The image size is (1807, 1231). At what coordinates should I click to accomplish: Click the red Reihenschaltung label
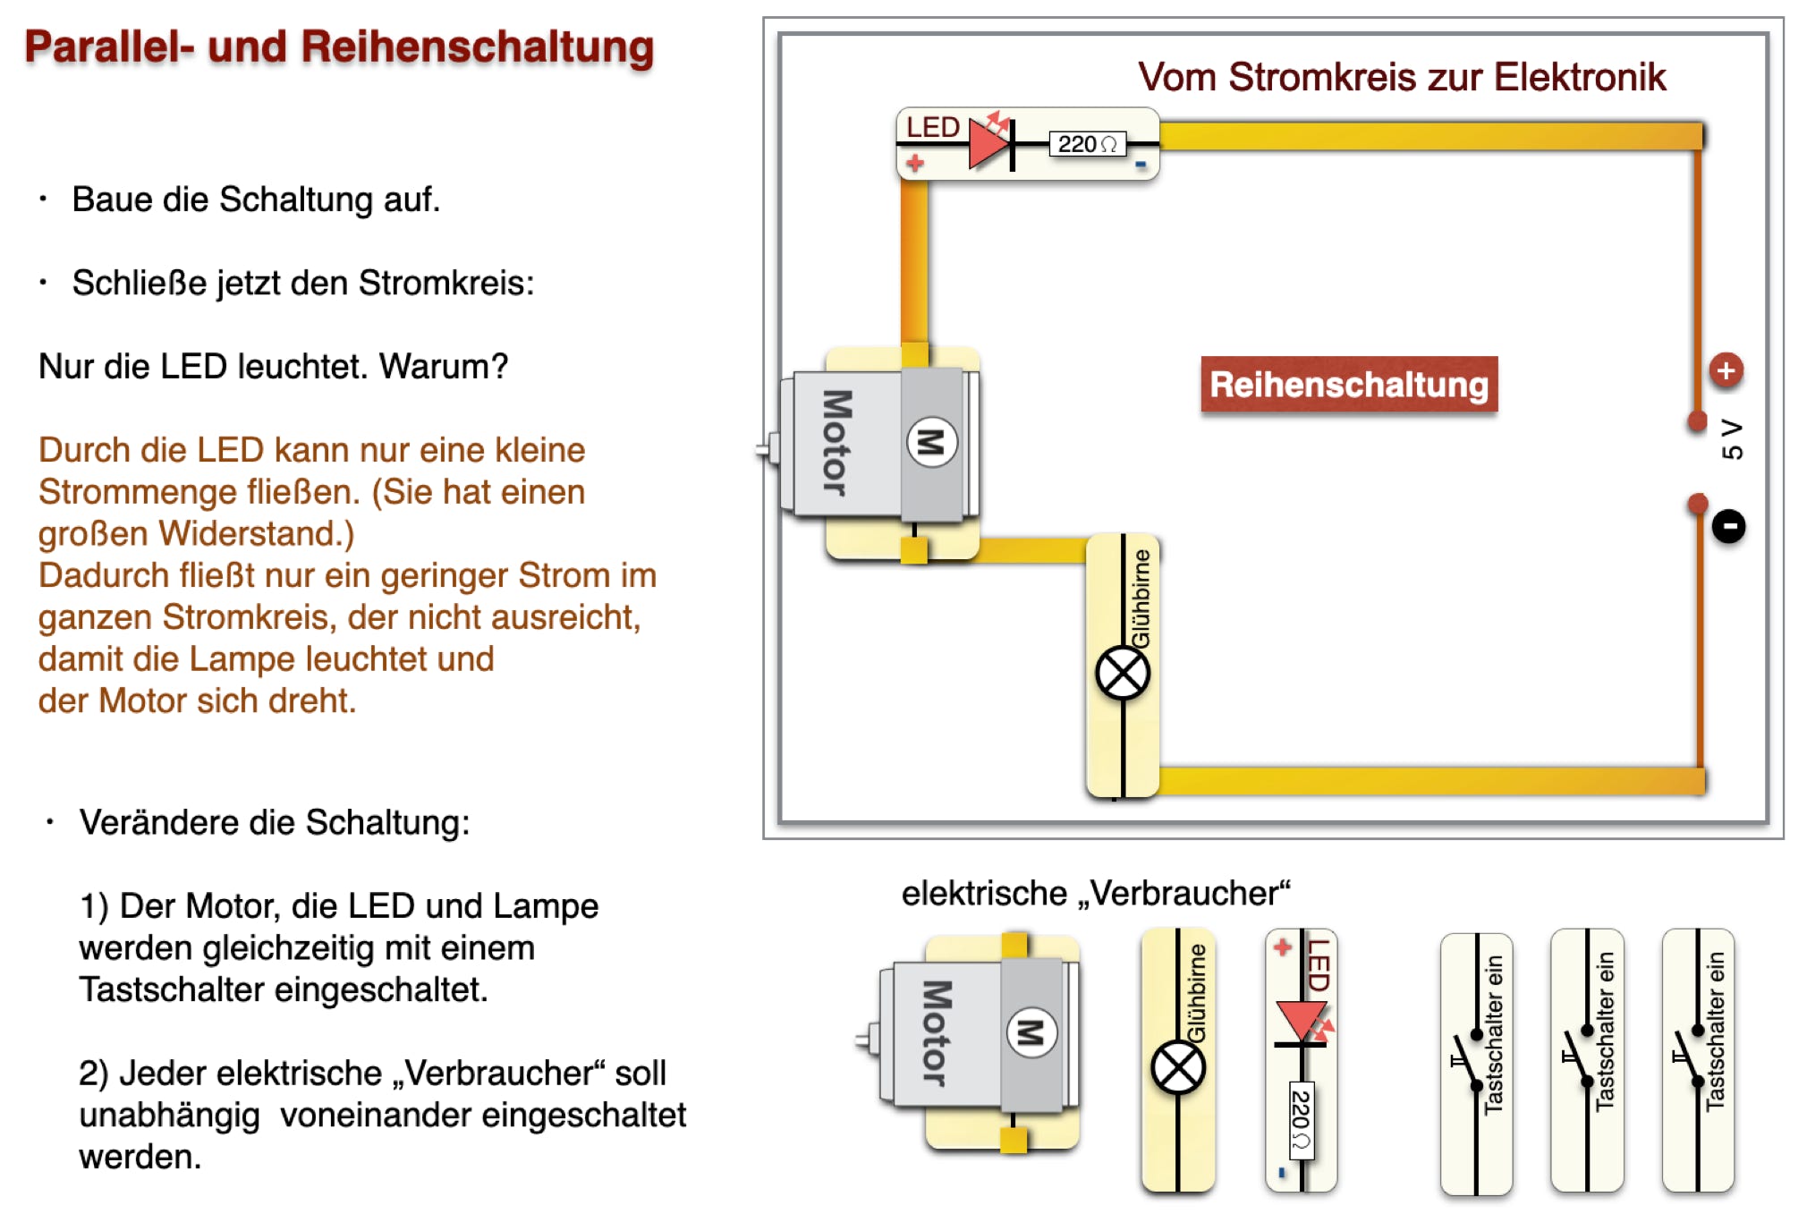pyautogui.click(x=1348, y=385)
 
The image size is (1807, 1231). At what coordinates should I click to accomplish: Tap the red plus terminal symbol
pyautogui.click(x=1726, y=370)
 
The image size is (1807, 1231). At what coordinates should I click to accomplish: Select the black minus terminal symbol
pyautogui.click(x=1728, y=526)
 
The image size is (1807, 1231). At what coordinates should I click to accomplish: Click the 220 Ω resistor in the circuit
pyautogui.click(x=1087, y=144)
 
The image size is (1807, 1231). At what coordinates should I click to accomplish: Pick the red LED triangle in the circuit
pyautogui.click(x=988, y=143)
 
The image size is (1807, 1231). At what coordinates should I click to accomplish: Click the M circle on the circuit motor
pyautogui.click(x=931, y=442)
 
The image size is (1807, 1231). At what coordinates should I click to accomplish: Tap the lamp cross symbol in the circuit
pyautogui.click(x=1123, y=674)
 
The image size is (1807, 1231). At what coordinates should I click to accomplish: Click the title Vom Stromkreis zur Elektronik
pyautogui.click(x=1401, y=77)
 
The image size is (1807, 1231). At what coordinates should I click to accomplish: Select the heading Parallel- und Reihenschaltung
pyautogui.click(x=339, y=47)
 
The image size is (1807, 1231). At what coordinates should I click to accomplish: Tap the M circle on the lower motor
pyautogui.click(x=1031, y=1032)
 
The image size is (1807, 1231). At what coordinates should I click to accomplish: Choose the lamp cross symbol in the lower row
pyautogui.click(x=1178, y=1068)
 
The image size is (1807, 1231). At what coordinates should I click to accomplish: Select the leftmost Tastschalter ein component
pyautogui.click(x=1476, y=1063)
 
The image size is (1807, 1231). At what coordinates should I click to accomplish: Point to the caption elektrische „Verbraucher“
pyautogui.click(x=1096, y=893)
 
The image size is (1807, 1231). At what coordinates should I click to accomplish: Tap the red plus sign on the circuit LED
pyautogui.click(x=914, y=163)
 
